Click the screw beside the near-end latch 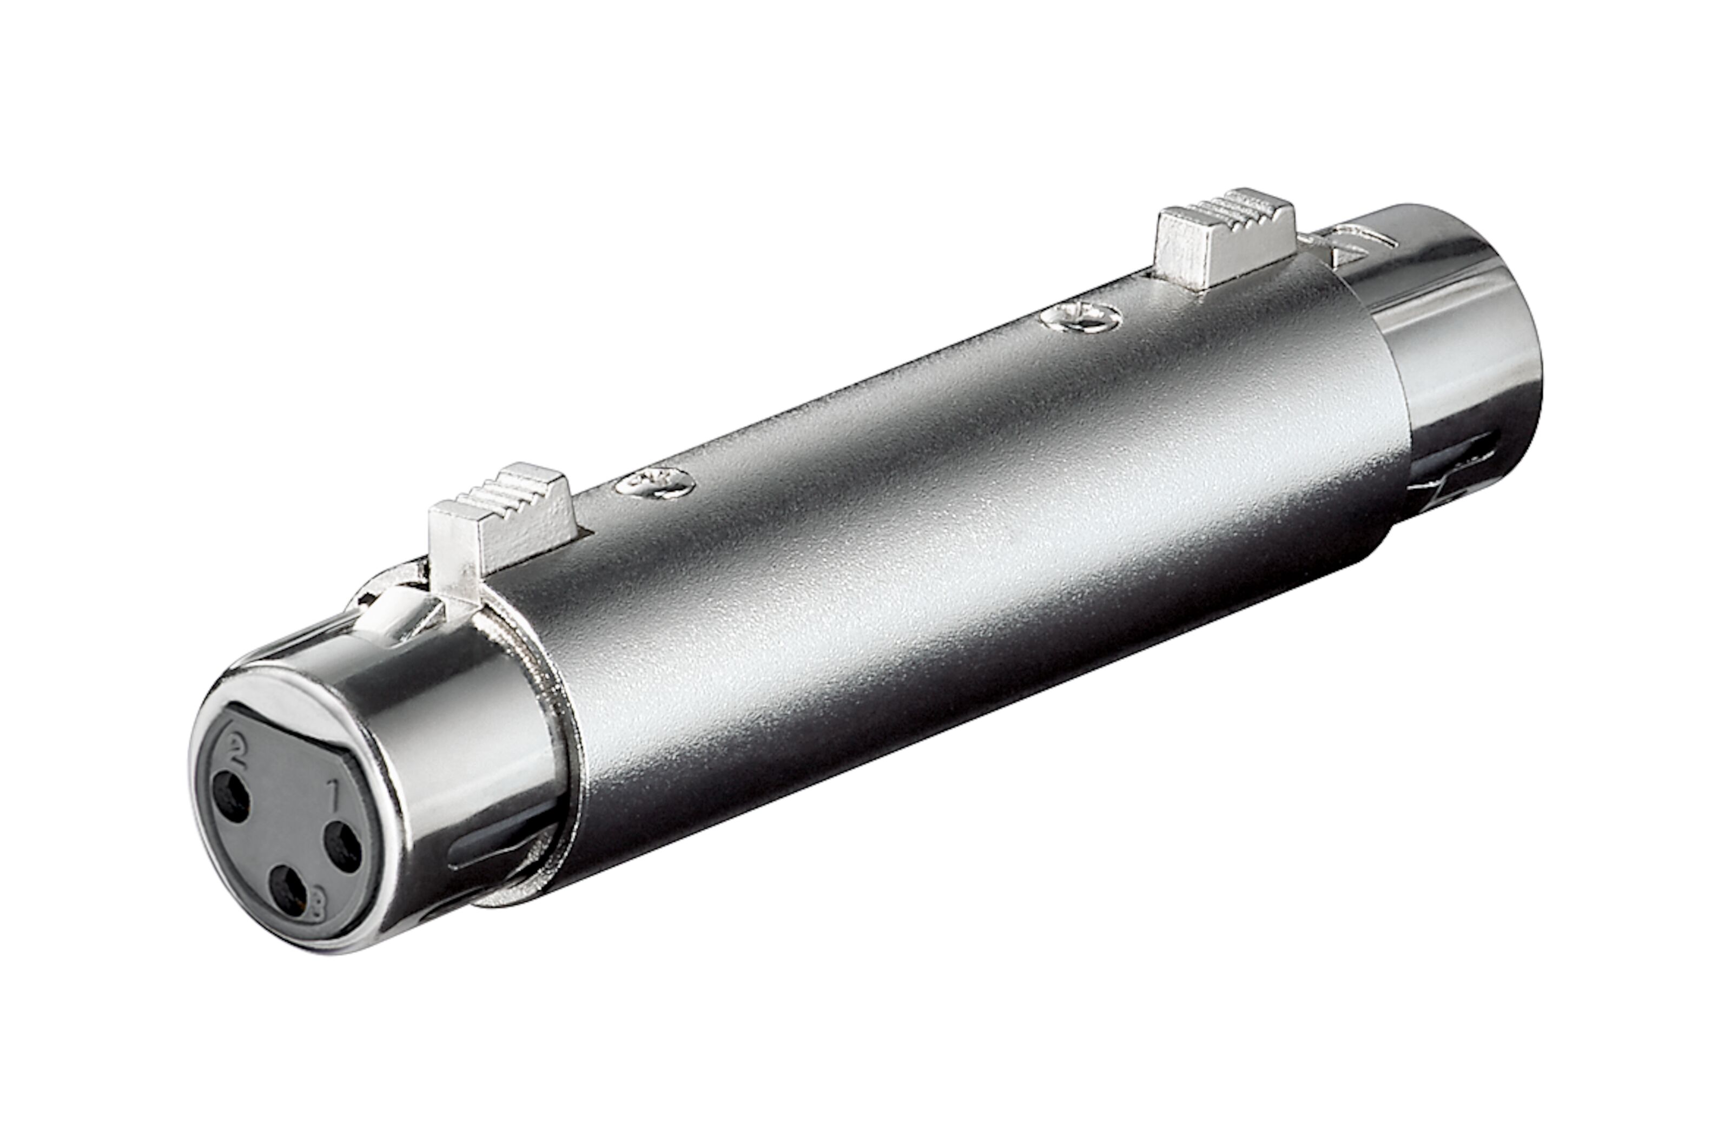click(653, 482)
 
